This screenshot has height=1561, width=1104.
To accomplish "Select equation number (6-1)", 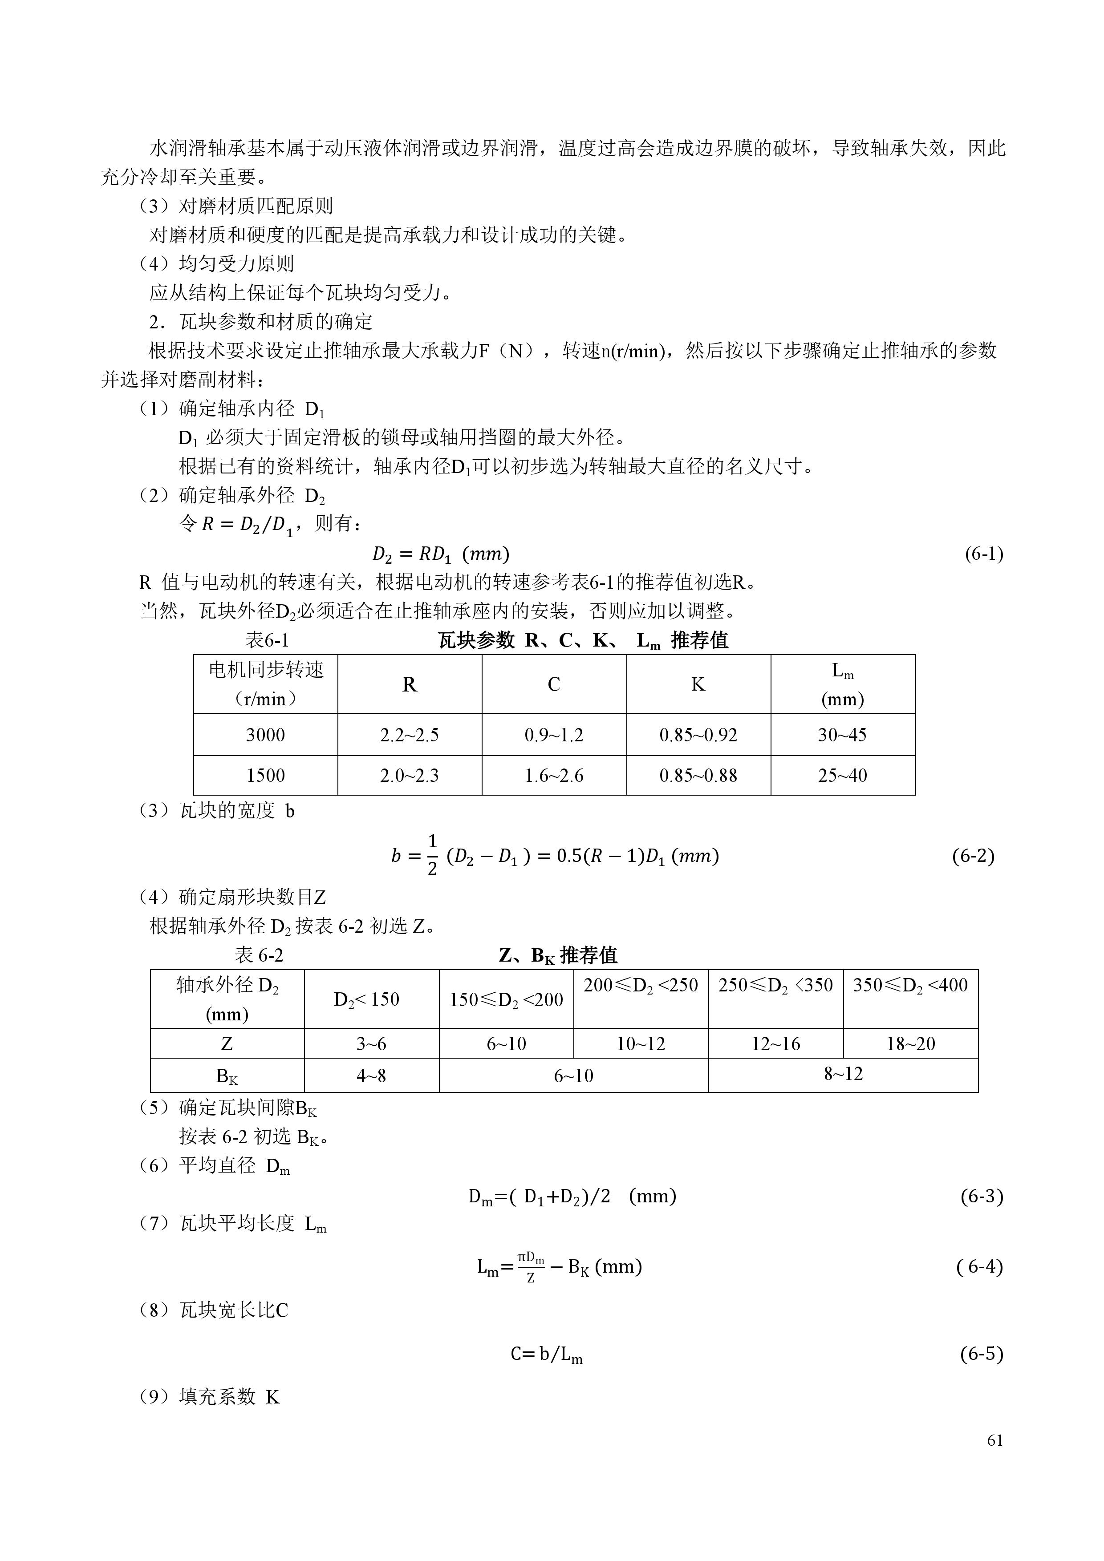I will coord(984,554).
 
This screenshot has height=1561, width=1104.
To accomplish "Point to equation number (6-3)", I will coord(982,1196).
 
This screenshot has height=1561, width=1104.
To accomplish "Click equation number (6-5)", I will coord(982,1354).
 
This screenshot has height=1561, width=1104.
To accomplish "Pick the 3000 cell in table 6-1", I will coord(265,735).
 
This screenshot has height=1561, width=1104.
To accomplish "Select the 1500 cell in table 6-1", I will coord(265,776).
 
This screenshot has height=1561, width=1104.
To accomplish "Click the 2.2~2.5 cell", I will coord(410,735).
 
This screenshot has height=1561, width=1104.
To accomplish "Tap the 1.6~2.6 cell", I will coord(554,776).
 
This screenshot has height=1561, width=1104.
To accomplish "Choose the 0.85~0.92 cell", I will coord(698,735).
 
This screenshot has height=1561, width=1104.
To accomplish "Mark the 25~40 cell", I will coord(842,776).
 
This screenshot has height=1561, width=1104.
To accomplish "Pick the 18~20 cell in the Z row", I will coord(910,1043).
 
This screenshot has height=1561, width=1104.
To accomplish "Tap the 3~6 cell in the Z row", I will coord(371,1043).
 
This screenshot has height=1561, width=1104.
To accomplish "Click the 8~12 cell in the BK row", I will coord(844,1074).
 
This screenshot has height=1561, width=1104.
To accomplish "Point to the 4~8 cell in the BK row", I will coord(371,1076).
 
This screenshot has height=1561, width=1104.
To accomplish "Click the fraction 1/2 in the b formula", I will coord(432,855).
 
